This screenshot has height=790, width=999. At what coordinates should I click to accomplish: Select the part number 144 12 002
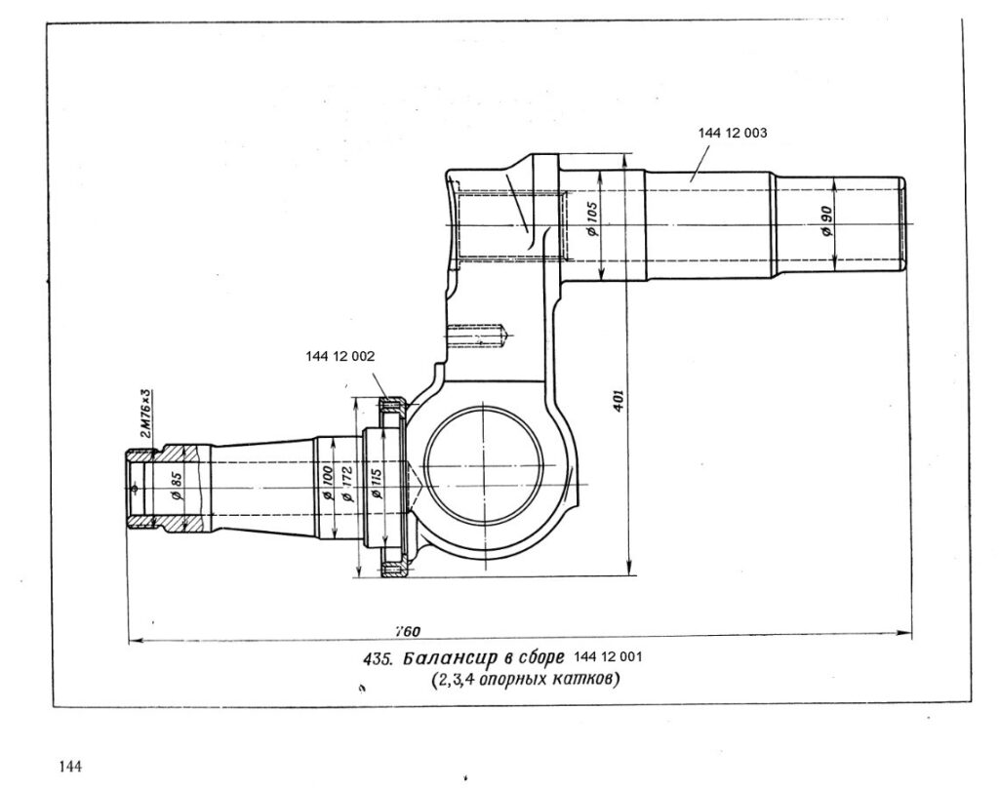point(341,357)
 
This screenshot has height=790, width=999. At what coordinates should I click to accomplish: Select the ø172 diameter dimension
point(348,484)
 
